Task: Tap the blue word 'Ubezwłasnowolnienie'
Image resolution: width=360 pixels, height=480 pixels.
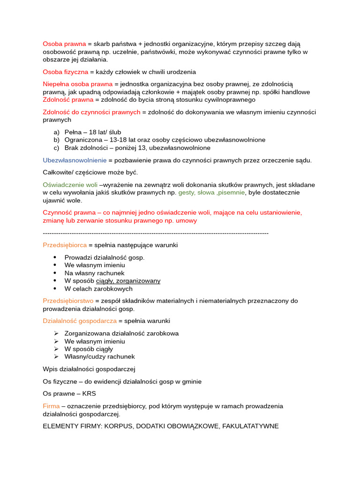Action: tap(75, 160)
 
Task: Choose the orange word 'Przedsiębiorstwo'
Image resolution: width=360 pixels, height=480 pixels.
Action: tap(68, 300)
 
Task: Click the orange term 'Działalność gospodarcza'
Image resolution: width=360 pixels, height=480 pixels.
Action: tap(79, 321)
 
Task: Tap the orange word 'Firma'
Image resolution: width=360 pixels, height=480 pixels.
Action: tap(51, 406)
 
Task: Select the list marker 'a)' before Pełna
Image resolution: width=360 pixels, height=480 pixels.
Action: tap(57, 132)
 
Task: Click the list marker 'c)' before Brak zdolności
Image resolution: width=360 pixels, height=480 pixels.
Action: tap(57, 148)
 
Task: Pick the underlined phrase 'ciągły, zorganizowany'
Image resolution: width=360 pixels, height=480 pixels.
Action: tap(128, 281)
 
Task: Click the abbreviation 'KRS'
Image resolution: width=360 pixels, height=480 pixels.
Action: tap(89, 393)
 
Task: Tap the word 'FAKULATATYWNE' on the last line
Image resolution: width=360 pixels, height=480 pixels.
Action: tap(250, 426)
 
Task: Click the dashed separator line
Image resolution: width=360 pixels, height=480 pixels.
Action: tap(155, 233)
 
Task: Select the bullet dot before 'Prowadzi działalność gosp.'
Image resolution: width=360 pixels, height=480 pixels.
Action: tap(55, 257)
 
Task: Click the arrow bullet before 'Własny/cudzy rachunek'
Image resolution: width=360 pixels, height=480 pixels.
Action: tap(56, 357)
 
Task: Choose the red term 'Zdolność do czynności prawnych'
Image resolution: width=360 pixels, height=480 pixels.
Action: tap(91, 112)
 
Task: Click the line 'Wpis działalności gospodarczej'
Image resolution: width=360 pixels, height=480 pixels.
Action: tap(89, 369)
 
